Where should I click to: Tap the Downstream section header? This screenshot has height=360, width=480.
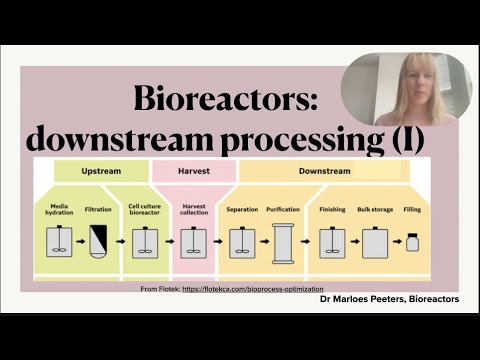(324, 171)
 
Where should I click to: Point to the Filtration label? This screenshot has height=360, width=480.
(98, 209)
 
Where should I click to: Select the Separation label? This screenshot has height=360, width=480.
(242, 209)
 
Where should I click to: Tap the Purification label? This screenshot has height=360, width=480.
(283, 209)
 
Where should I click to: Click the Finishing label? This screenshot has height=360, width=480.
(332, 209)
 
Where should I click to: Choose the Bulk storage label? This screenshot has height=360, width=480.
(374, 209)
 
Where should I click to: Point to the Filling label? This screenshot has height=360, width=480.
(412, 209)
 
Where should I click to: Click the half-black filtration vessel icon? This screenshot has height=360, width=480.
(98, 242)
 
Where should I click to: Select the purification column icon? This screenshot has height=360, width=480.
(283, 243)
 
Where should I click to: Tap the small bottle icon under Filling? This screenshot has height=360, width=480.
(412, 243)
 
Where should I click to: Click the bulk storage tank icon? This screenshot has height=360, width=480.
(374, 242)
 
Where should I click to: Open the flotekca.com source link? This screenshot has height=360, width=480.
(258, 289)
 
